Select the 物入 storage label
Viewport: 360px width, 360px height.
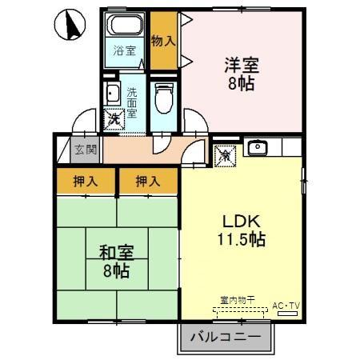pyautogui.click(x=163, y=40)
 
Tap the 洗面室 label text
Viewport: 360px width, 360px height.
pyautogui.click(x=131, y=102)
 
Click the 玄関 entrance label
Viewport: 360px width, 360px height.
pyautogui.click(x=85, y=150)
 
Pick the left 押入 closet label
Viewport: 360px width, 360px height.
pyautogui.click(x=86, y=182)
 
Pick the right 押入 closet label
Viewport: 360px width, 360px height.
pyautogui.click(x=147, y=182)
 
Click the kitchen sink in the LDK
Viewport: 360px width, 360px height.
pyautogui.click(x=258, y=147)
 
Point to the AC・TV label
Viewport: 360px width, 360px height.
pyautogui.click(x=285, y=306)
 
